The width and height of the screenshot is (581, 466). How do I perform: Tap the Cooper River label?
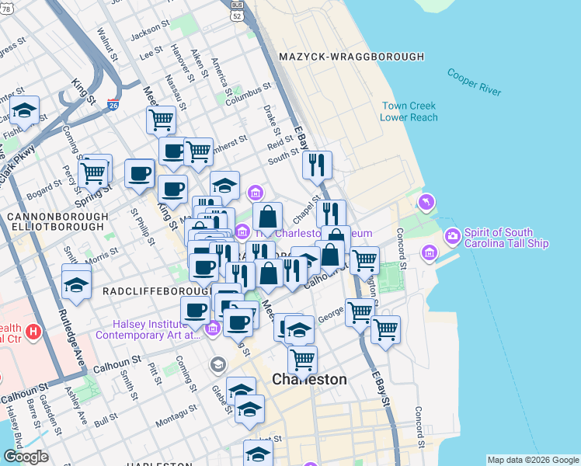(x=474, y=82)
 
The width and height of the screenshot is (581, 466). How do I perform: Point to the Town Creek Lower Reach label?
(x=409, y=112)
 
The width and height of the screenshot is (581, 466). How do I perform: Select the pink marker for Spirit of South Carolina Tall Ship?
(x=452, y=235)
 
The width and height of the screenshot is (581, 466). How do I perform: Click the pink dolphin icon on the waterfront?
(x=426, y=203)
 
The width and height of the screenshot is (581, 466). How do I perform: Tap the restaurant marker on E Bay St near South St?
(x=317, y=165)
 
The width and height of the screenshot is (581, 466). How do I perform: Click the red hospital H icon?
(x=32, y=332)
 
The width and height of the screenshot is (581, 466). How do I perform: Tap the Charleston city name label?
(x=309, y=379)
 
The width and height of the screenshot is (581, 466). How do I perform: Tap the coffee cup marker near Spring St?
(x=140, y=173)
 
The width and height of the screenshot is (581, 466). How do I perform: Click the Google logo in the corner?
(x=26, y=457)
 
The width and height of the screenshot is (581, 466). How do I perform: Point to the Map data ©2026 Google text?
(x=532, y=459)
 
